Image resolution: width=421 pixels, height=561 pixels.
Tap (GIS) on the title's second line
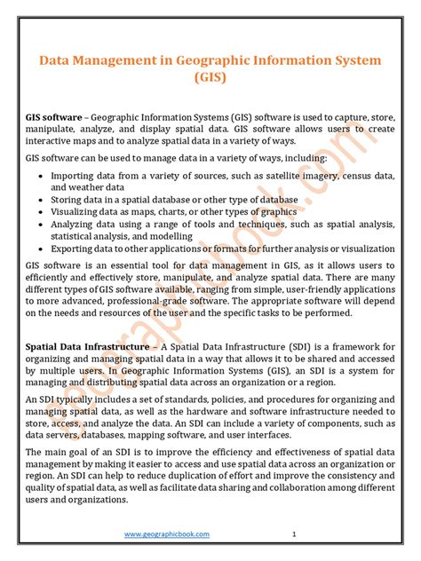[210, 78]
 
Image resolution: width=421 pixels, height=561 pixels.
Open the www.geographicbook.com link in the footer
[167, 533]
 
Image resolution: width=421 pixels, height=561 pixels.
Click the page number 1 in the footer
[293, 533]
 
